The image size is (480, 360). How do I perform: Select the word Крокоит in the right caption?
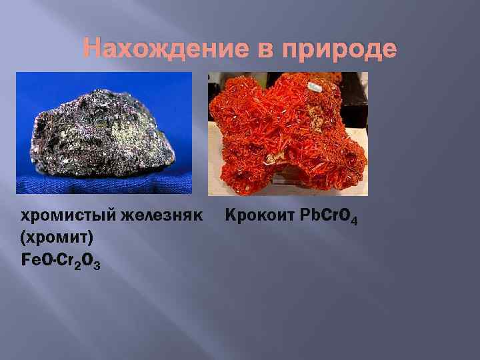pos(255,216)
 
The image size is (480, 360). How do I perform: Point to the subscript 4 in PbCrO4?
pos(353,220)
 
